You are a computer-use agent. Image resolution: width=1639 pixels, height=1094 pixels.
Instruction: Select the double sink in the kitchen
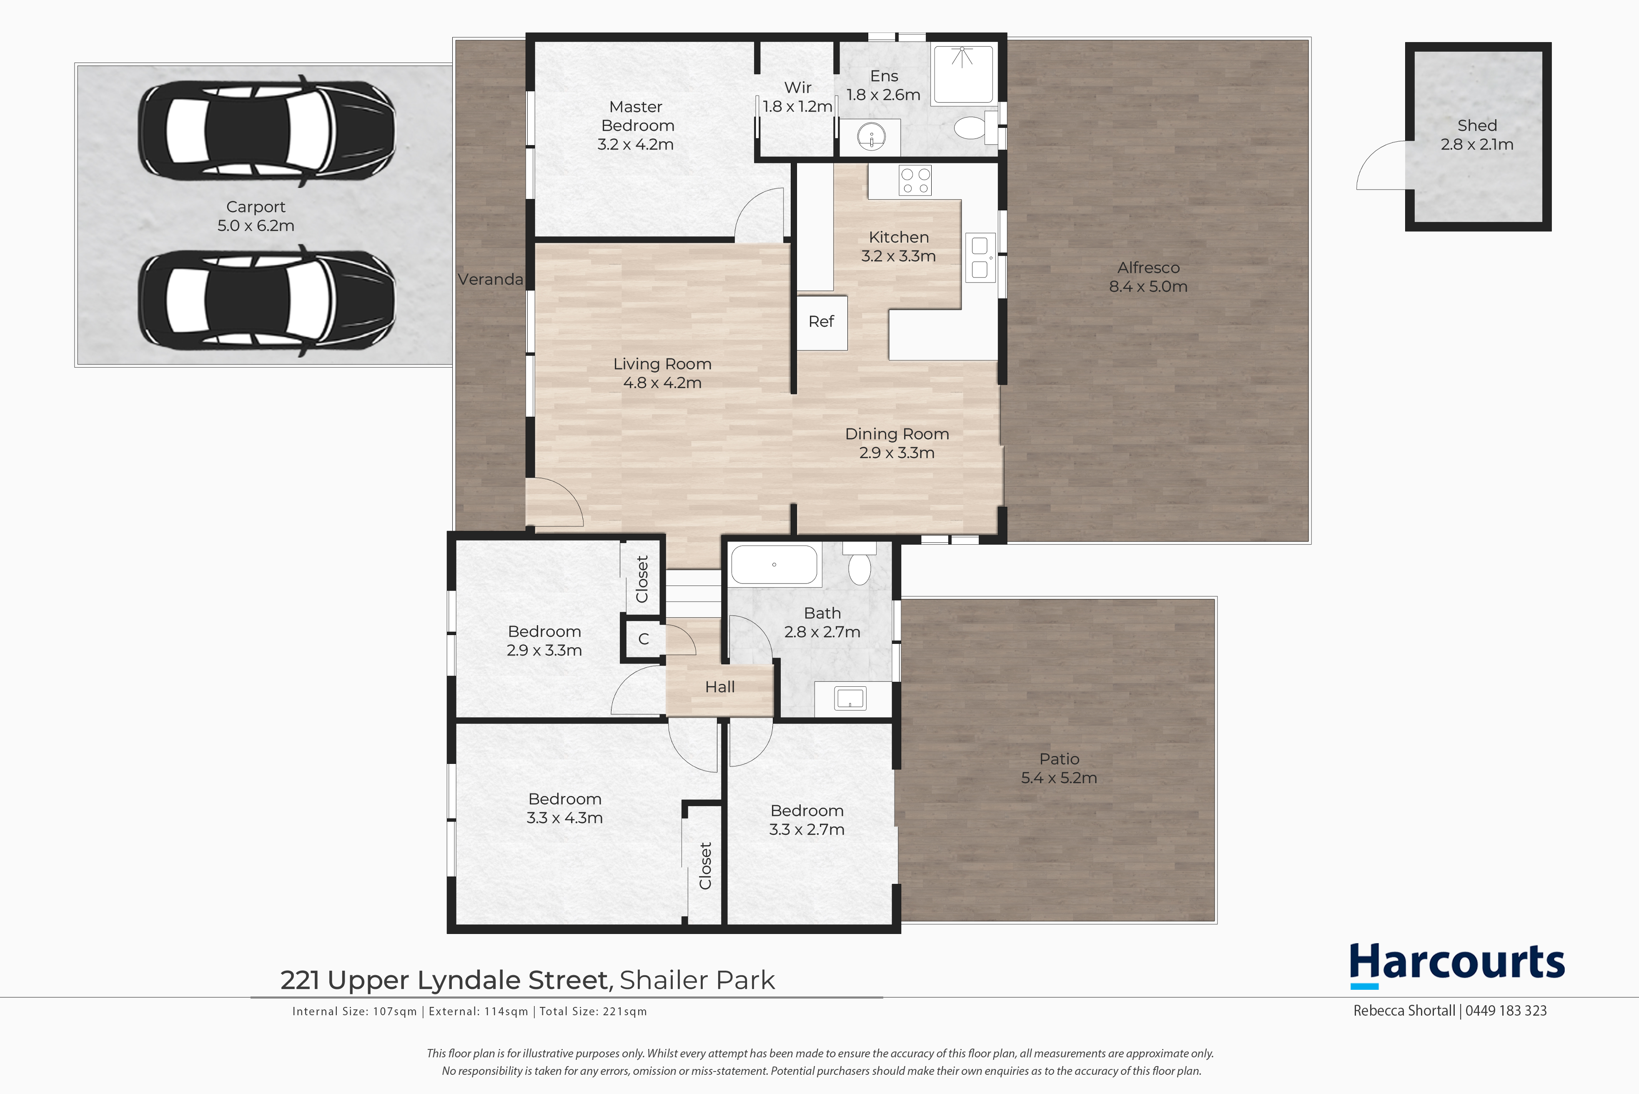tap(980, 258)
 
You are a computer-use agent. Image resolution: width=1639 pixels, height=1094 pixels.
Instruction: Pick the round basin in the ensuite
tap(871, 135)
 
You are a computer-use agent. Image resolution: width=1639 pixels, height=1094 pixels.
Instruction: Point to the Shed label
tap(1477, 125)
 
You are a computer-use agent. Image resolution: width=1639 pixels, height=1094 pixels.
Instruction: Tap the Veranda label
tap(491, 279)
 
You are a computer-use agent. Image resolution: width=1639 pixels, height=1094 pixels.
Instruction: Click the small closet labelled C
tap(643, 638)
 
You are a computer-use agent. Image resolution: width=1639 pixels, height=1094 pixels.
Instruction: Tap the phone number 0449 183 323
tap(1506, 1011)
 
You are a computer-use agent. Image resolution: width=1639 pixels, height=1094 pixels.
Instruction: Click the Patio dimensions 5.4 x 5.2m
tap(1059, 778)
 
